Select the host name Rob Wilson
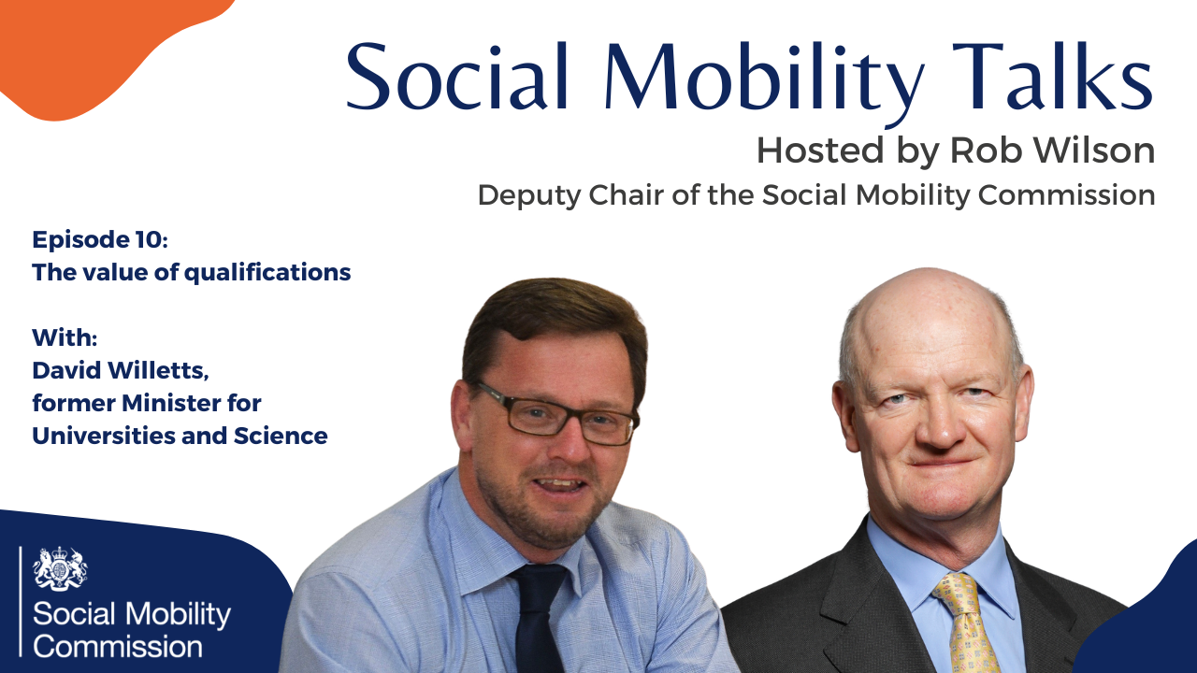click(1052, 150)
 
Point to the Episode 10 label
click(100, 239)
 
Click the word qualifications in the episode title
click(267, 273)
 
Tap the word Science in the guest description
click(281, 436)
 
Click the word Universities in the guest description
click(104, 436)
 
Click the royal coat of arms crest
click(60, 568)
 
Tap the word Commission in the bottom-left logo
click(118, 647)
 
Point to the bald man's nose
click(942, 427)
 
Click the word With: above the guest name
click(65, 337)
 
